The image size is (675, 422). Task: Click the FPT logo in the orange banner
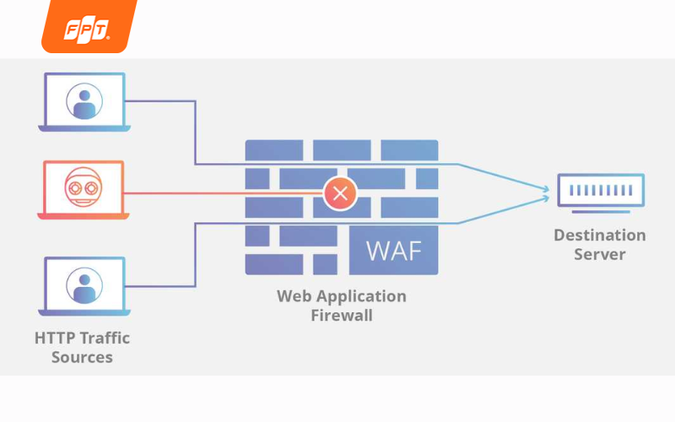pyautogui.click(x=88, y=30)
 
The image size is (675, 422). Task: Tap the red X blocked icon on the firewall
pyautogui.click(x=340, y=193)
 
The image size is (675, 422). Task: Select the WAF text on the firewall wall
pyautogui.click(x=392, y=250)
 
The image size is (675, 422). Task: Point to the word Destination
pyautogui.click(x=599, y=235)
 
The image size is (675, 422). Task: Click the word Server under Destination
pyautogui.click(x=599, y=254)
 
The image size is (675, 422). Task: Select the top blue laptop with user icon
pyautogui.click(x=84, y=102)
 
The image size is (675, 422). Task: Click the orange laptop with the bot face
pyautogui.click(x=84, y=190)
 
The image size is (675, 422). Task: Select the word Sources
pyautogui.click(x=82, y=357)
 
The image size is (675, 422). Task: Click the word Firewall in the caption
pyautogui.click(x=341, y=316)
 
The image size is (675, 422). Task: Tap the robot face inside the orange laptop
pyautogui.click(x=84, y=187)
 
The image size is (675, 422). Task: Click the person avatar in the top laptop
pyautogui.click(x=84, y=100)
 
